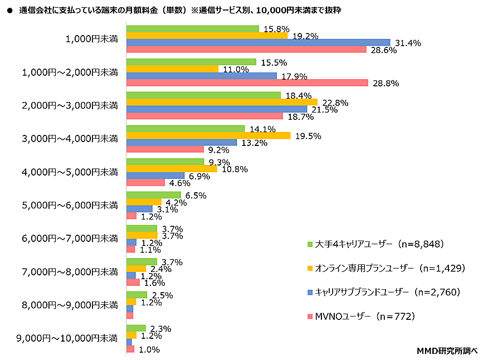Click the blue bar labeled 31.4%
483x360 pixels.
(x=258, y=42)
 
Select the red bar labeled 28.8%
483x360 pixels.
(x=247, y=82)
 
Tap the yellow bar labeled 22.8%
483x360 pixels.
(x=222, y=102)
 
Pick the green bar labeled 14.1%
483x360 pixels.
(x=186, y=129)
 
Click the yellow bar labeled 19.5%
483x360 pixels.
(x=208, y=135)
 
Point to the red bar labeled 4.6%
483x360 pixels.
(x=146, y=182)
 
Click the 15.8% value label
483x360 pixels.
(x=275, y=28)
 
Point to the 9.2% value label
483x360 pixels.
(x=219, y=150)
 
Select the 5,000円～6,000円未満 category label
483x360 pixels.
(x=70, y=205)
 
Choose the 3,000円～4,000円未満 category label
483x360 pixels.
(x=70, y=138)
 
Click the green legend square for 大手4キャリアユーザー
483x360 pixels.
(x=310, y=244)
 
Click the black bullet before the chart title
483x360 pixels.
(x=9, y=11)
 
